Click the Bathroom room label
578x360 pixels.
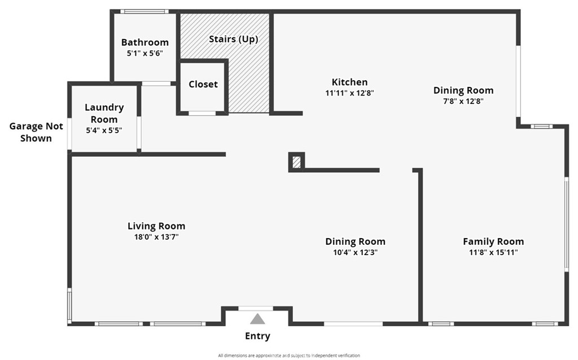[x=144, y=42]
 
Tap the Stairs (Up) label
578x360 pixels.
[x=233, y=39]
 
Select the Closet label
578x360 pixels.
[x=203, y=84]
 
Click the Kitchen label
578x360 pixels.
[x=349, y=82]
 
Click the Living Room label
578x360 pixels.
[x=156, y=226]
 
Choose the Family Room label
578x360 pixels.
[x=493, y=242]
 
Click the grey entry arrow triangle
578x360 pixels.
[x=257, y=319]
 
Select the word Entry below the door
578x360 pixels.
[x=257, y=336]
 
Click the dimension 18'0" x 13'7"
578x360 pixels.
[x=156, y=237]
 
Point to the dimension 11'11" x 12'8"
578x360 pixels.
[x=350, y=93]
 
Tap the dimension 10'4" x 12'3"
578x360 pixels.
[x=355, y=252]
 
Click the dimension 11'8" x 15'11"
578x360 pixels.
[x=493, y=252]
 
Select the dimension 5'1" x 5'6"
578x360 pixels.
[x=144, y=53]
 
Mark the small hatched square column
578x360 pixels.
[x=296, y=163]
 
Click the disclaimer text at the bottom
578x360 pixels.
[x=289, y=355]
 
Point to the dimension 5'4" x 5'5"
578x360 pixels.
[x=104, y=130]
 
